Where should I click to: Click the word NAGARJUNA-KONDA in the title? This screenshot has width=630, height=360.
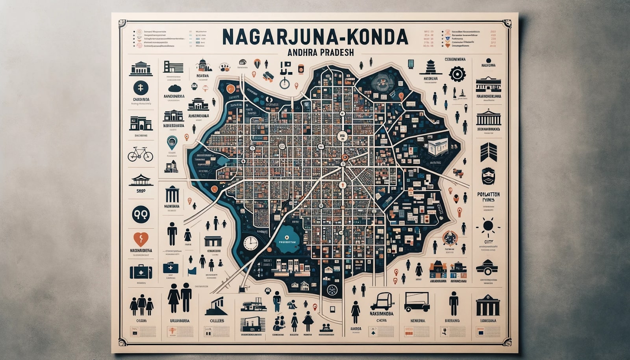315,37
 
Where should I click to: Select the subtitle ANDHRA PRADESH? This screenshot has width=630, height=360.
315,52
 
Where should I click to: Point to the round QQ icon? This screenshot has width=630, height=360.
141,214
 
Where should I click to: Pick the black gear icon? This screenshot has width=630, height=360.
457,74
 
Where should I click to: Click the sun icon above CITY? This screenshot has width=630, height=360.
488,226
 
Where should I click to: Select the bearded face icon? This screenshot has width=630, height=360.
488,176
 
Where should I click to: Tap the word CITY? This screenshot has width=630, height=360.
489,242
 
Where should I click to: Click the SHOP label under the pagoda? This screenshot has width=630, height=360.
141,191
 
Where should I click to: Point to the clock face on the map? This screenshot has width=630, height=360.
250,243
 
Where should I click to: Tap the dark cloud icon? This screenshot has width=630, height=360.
174,88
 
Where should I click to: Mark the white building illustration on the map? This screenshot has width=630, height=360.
437,146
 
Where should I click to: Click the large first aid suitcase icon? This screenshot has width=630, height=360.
141,271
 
